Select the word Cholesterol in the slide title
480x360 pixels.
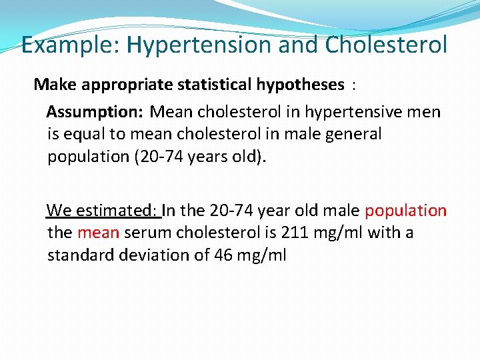[387, 45]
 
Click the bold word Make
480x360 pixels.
[51, 85]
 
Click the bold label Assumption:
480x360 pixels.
[95, 111]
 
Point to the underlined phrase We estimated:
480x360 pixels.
[103, 211]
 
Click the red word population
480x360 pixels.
[405, 211]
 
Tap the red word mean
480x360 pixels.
[98, 233]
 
